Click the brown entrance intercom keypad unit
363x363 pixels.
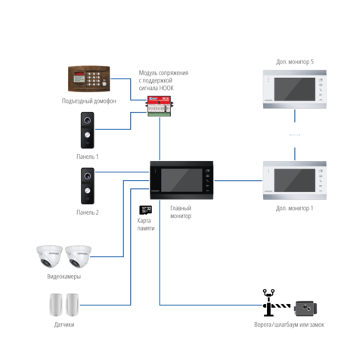(x=89, y=79)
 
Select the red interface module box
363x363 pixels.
(x=160, y=106)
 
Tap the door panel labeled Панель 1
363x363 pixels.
(x=87, y=130)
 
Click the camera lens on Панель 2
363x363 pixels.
(x=88, y=175)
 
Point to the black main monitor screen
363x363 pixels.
(x=181, y=180)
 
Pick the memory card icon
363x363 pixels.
(x=146, y=210)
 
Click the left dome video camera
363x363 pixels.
(x=49, y=256)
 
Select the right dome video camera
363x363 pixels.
(x=78, y=256)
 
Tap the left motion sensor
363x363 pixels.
(x=56, y=305)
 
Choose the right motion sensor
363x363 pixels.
(x=73, y=305)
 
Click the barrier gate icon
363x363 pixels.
(x=276, y=302)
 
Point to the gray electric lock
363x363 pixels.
(x=306, y=309)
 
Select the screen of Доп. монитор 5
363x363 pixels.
(x=295, y=89)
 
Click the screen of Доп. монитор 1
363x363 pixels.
(x=295, y=180)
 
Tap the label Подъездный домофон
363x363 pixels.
(x=89, y=101)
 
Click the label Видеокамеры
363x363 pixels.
(x=64, y=277)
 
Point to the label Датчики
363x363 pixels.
(x=64, y=324)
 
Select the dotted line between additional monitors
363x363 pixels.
(x=295, y=135)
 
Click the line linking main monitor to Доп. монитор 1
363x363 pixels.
(x=238, y=181)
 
